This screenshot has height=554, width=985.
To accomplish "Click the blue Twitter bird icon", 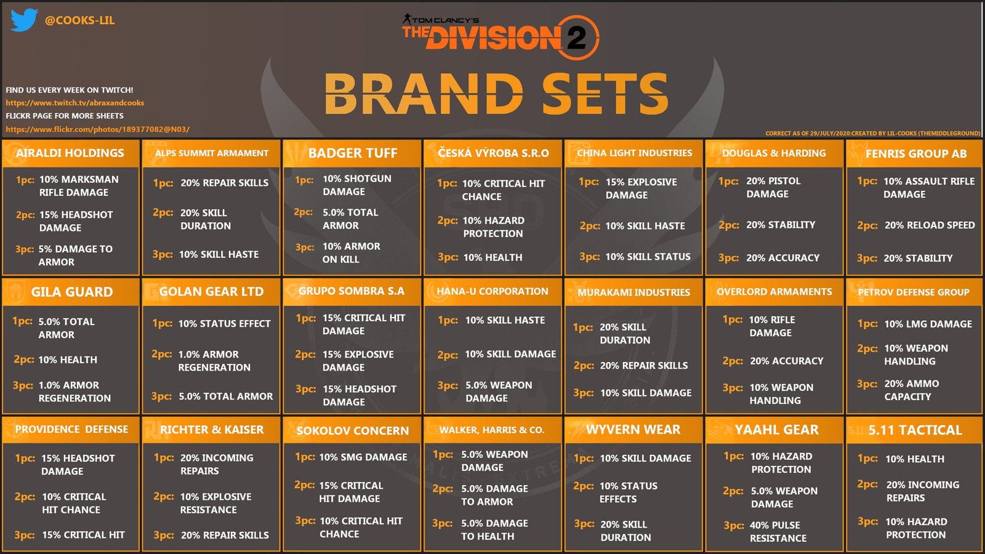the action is coord(24,20).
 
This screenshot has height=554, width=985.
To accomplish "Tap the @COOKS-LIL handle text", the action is coord(79,20).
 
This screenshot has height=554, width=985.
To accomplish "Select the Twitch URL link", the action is coord(74,103).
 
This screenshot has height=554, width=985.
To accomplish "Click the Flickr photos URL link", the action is coord(98,129).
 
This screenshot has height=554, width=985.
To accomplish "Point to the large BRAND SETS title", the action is coord(496,94).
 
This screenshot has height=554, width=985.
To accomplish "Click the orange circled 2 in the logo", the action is coord(577,38).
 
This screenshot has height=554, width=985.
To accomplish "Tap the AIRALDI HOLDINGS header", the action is coord(70,153).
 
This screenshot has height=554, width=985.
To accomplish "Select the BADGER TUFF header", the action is coord(353,153).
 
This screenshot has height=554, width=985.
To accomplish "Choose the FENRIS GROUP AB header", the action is coord(916,153).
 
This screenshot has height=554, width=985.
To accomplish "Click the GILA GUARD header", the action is coord(71,292).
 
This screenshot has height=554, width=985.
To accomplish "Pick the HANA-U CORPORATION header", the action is coord(492,291).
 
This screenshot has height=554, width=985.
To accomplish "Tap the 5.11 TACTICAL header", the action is coord(915,430).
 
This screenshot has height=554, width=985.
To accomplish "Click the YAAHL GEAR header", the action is coord(776,430).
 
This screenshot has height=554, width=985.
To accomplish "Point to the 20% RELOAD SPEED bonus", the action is coord(930,225).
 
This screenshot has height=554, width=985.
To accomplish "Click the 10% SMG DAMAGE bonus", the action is coord(363,457).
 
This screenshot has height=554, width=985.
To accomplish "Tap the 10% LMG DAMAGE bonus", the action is coord(928,324).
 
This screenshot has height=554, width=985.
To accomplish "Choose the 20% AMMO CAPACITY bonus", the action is coord(912,390).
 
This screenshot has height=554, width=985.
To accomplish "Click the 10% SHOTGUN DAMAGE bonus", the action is coord(356,185).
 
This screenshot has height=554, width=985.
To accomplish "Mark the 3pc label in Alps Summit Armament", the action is coord(163,254).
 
